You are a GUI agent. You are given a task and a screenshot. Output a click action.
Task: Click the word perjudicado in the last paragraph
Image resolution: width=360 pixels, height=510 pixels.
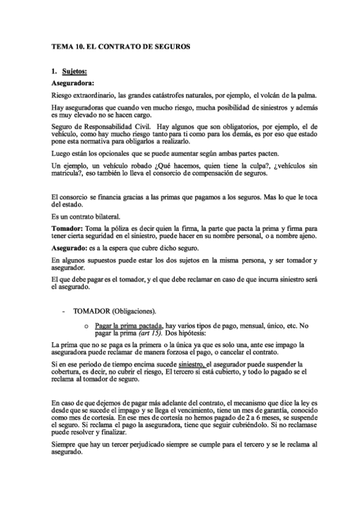pyautogui.click(x=148, y=444)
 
